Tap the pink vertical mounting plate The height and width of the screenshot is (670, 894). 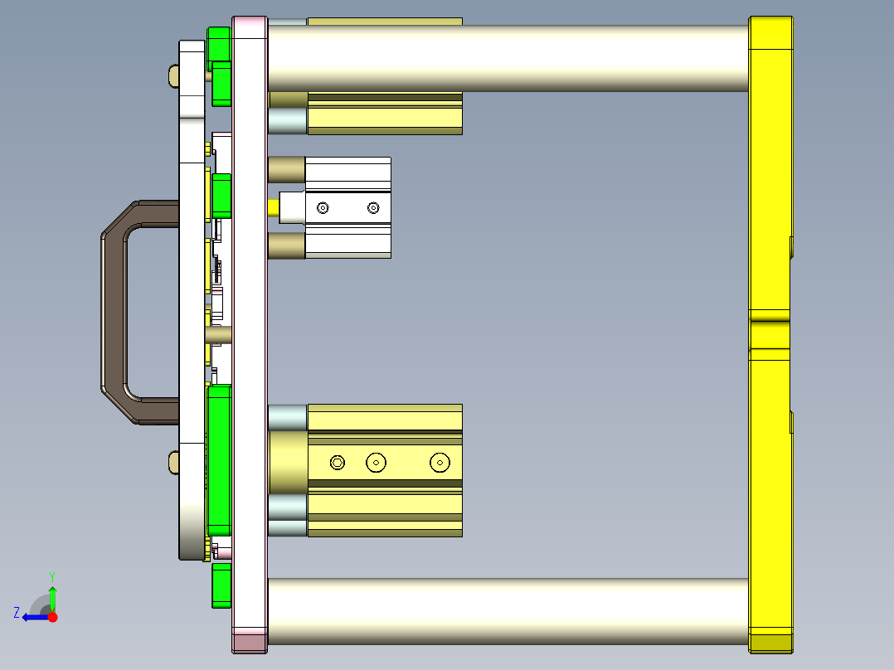[x=250, y=332]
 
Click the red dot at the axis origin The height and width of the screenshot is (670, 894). [x=53, y=616]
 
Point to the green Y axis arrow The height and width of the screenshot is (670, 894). [x=52, y=595]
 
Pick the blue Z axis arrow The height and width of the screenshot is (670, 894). [x=33, y=616]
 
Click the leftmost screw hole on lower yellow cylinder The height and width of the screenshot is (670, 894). [x=337, y=462]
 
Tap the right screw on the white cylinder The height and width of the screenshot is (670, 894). [x=373, y=207]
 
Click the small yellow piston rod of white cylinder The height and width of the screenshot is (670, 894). [x=274, y=206]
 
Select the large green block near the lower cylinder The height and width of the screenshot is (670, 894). [x=219, y=460]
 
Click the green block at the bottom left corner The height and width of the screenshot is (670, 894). [x=221, y=585]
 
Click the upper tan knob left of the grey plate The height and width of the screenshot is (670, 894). [x=173, y=76]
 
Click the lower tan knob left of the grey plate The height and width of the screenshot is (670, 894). [x=173, y=463]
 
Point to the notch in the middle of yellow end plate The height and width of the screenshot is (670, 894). [x=770, y=330]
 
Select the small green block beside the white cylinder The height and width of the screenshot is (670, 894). [x=221, y=196]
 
